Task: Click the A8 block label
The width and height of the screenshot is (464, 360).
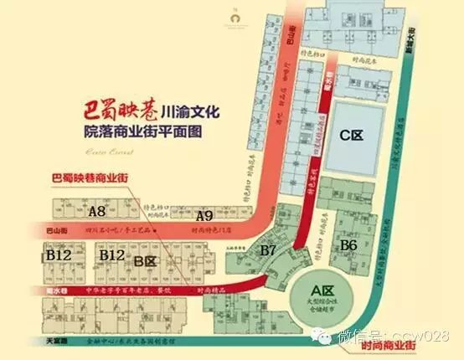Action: [x=97, y=212]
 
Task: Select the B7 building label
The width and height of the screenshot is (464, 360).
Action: [x=269, y=250]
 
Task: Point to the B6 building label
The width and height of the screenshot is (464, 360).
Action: [x=349, y=244]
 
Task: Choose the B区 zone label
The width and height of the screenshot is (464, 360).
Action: [x=147, y=261]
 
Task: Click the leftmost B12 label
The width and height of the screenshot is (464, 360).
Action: [x=59, y=254]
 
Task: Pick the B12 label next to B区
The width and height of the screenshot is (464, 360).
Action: [x=113, y=254]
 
